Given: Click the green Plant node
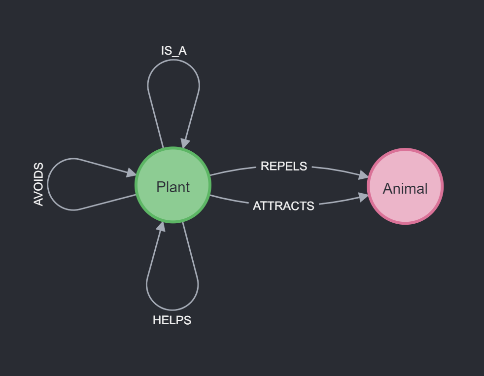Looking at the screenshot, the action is (x=173, y=185).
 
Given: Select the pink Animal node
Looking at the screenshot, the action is (x=405, y=187).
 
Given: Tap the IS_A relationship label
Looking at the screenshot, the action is (x=174, y=51).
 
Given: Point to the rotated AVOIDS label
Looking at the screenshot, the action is (x=38, y=184).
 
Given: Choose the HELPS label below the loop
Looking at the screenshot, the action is (x=172, y=320).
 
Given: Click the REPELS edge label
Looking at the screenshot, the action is (x=284, y=166).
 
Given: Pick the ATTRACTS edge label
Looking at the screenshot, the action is (x=284, y=206).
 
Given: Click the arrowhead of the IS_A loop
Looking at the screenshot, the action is (x=185, y=143).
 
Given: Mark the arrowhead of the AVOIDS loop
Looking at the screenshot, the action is (x=131, y=173).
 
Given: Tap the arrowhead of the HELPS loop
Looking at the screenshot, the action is (x=161, y=227).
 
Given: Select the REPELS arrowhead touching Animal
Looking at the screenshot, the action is (x=363, y=175).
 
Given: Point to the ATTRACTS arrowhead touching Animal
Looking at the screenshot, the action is (x=363, y=198).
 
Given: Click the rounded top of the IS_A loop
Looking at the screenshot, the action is (x=173, y=60).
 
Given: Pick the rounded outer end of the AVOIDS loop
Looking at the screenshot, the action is (x=48, y=184).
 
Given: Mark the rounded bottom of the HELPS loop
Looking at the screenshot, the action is (x=172, y=309).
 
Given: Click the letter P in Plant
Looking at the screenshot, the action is (x=161, y=187).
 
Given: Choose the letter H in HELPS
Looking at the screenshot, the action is (x=157, y=320).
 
